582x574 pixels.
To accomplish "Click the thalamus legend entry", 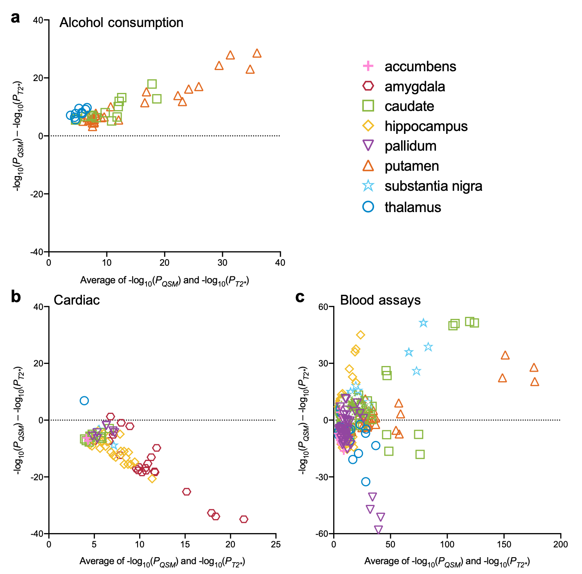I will [413, 207].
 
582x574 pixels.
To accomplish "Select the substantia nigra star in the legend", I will [368, 186].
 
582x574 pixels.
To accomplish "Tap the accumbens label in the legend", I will [420, 66].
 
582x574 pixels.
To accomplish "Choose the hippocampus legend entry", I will [426, 126].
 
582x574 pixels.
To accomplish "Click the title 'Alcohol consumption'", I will [121, 23].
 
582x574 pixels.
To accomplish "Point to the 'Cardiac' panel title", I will [77, 300].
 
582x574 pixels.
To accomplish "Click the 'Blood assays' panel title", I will [380, 300].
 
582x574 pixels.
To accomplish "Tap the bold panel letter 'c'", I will [300, 297].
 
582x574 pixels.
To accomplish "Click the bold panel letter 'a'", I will [16, 18].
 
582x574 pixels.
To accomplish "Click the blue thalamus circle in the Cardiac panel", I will [84, 401].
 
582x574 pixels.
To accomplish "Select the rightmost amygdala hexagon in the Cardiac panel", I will [244, 519].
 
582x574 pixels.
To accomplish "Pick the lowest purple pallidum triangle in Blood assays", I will [379, 530].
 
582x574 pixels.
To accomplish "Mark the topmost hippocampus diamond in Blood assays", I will [360, 335].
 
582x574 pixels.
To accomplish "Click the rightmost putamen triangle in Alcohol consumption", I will [257, 53].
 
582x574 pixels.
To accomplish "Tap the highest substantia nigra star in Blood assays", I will [424, 323].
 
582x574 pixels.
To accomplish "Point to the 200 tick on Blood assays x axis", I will [561, 544].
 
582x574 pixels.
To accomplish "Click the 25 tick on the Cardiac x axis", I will [276, 544].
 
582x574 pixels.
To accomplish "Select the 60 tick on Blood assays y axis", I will [323, 307].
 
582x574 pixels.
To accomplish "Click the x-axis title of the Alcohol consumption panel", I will [165, 281].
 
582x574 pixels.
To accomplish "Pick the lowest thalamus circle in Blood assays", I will [366, 481].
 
